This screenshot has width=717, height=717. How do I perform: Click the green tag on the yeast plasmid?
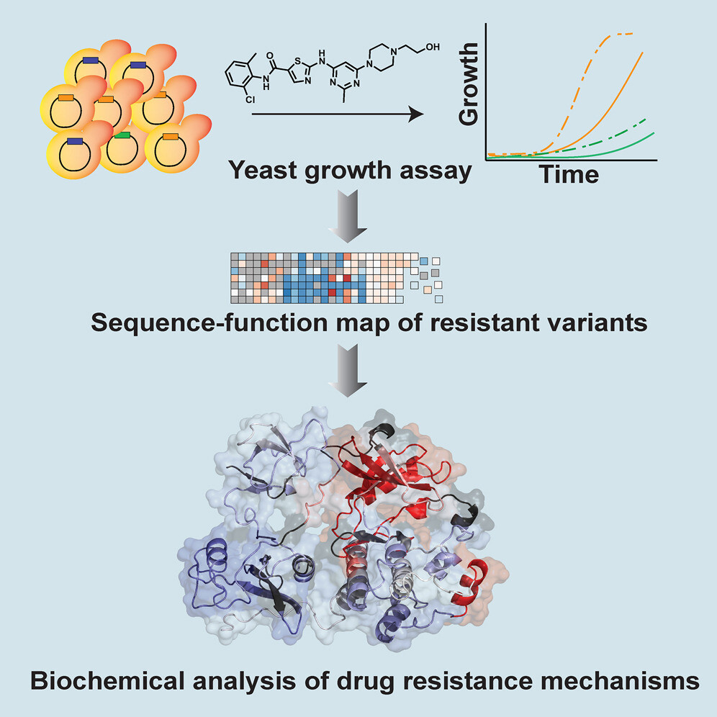point(122,135)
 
